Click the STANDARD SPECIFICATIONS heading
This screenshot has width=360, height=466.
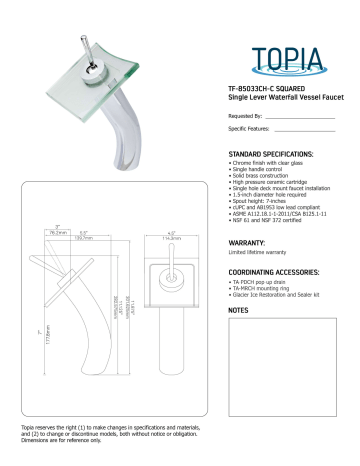coord(272,154)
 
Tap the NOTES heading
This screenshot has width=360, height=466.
coord(238,311)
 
